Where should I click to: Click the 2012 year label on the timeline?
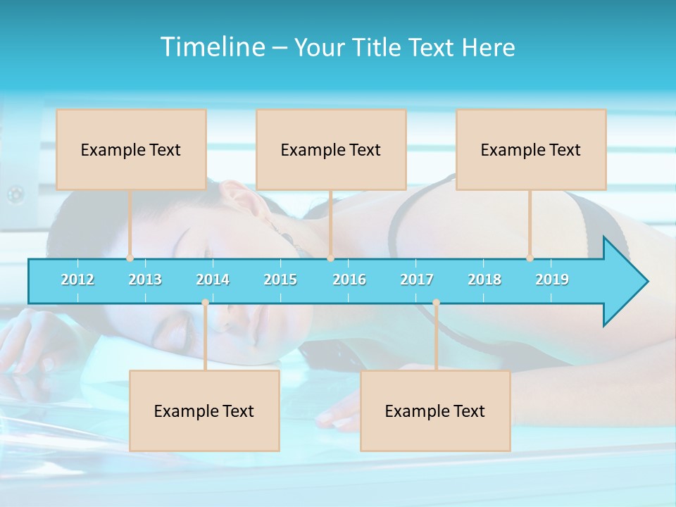(77, 280)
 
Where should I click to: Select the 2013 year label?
(145, 280)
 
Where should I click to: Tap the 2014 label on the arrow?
(213, 280)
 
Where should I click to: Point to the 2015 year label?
(280, 280)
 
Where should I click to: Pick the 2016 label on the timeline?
(349, 280)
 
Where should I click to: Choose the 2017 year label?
(417, 280)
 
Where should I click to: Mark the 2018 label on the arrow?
(484, 280)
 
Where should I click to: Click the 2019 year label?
(552, 280)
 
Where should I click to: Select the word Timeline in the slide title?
(211, 47)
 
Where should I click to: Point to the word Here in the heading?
(489, 47)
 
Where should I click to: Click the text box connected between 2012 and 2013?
(131, 149)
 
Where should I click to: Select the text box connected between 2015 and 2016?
(331, 149)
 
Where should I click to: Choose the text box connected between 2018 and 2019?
(531, 149)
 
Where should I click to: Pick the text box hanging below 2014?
(204, 411)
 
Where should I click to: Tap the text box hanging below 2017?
(435, 411)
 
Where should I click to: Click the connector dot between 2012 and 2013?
(130, 258)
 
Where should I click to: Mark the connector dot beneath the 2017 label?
(436, 303)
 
